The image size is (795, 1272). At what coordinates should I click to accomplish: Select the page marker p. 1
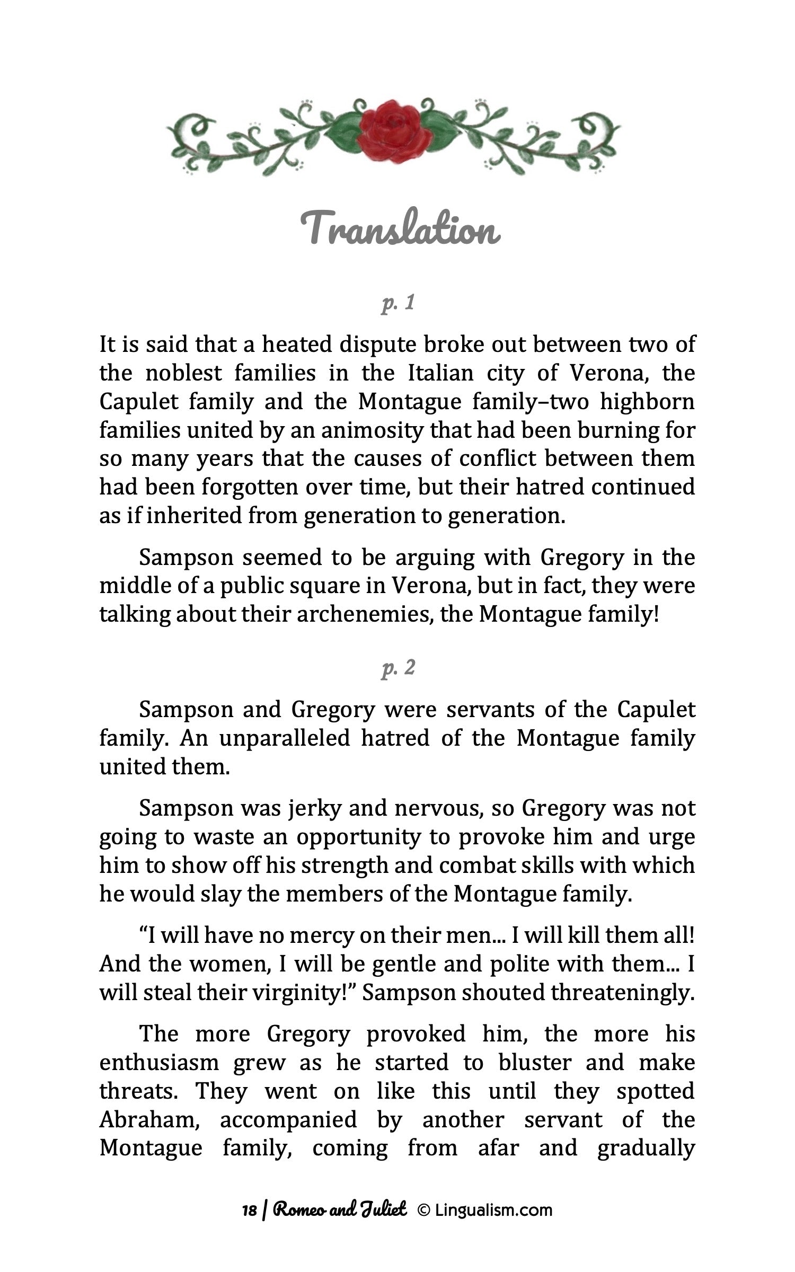click(397, 304)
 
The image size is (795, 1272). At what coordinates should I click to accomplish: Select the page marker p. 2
click(397, 669)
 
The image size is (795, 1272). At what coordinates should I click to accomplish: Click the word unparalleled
click(285, 738)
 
